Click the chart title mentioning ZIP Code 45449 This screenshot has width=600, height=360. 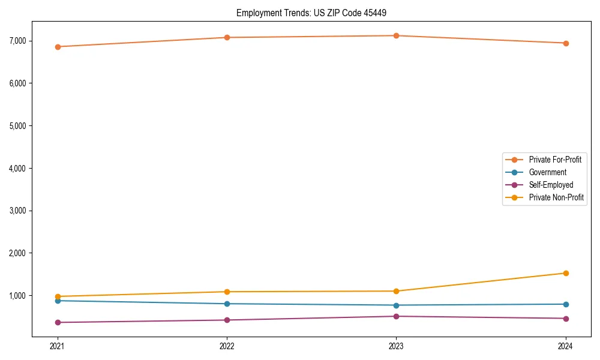click(316, 13)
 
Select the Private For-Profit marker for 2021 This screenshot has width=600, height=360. click(58, 47)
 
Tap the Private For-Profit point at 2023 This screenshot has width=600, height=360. click(396, 36)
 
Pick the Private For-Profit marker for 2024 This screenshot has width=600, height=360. click(566, 43)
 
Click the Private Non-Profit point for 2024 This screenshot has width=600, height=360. click(566, 273)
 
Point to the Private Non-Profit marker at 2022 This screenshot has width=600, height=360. click(227, 292)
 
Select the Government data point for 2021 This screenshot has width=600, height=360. click(58, 301)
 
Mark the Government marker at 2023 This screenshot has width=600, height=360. click(396, 305)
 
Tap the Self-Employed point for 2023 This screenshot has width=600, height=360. click(396, 316)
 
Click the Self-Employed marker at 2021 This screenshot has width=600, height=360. click(58, 322)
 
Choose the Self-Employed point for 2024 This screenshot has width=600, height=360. click(566, 319)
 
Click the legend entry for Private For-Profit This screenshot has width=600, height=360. click(554, 160)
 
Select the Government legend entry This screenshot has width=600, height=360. click(547, 172)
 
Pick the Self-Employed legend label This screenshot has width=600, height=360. click(551, 185)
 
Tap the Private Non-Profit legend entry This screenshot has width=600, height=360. click(556, 197)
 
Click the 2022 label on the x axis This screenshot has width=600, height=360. click(227, 346)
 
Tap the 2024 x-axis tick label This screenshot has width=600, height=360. click(566, 346)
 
